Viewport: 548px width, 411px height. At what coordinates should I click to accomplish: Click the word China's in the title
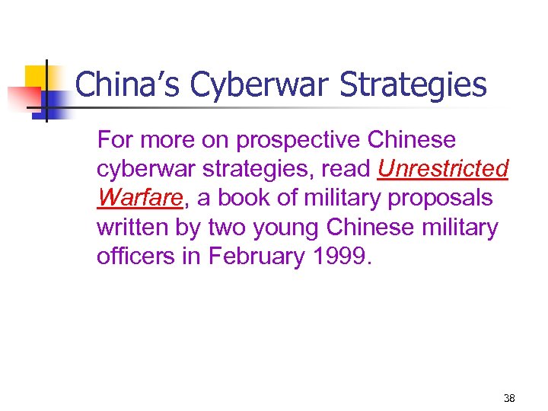[x=127, y=84]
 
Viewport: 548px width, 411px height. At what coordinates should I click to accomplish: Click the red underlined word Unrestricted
[x=442, y=169]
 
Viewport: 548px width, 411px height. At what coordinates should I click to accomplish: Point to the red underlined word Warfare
[x=141, y=198]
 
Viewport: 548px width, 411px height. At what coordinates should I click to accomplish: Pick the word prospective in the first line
[x=310, y=141]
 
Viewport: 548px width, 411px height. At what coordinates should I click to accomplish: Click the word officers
[x=132, y=256]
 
